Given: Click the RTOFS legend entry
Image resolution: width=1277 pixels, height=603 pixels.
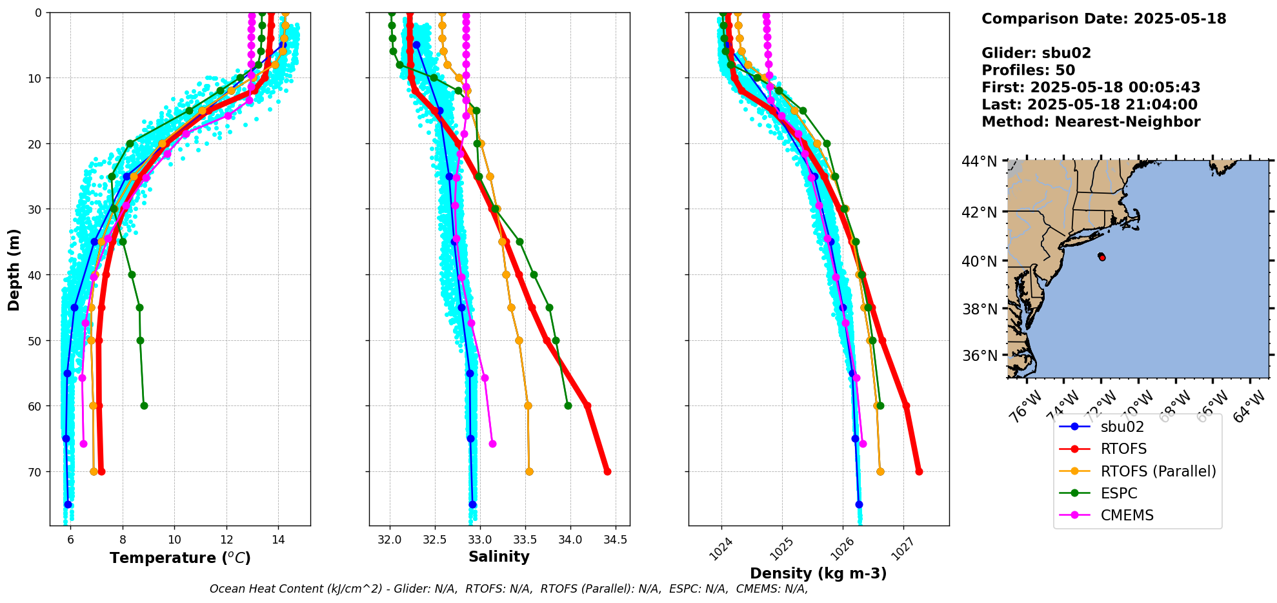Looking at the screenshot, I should coord(1123,449).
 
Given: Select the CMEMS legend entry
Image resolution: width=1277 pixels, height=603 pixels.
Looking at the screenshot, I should coord(1127,515).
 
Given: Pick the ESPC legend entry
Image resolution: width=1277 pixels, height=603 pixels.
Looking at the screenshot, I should coord(1119,493).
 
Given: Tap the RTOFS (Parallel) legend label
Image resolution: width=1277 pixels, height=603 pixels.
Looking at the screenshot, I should coord(1158,471).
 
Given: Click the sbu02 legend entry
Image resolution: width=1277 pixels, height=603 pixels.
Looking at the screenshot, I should coord(1122,427).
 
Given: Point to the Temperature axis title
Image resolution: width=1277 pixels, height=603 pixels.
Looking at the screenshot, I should coord(180,558).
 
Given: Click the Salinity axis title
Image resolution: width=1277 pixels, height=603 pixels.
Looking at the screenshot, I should coord(499,557).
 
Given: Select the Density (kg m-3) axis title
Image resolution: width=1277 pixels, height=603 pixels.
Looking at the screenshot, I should coord(818,573).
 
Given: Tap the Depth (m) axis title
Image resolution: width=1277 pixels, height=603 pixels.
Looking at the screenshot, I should coord(14,269).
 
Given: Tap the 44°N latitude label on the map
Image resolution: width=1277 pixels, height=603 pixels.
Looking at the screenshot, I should coord(979,161).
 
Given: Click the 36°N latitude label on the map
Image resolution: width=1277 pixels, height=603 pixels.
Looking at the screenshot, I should coord(980,356).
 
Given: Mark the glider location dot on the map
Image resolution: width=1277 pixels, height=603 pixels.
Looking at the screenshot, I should coord(1101,257).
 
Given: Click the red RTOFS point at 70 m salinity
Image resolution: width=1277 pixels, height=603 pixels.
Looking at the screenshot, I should coord(607,471).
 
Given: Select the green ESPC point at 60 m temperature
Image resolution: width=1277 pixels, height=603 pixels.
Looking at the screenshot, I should coord(144,405).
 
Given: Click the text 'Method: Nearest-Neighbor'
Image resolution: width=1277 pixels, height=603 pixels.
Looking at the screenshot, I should coord(1091,122).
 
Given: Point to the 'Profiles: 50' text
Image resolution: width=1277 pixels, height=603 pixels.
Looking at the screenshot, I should coord(1028,70).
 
